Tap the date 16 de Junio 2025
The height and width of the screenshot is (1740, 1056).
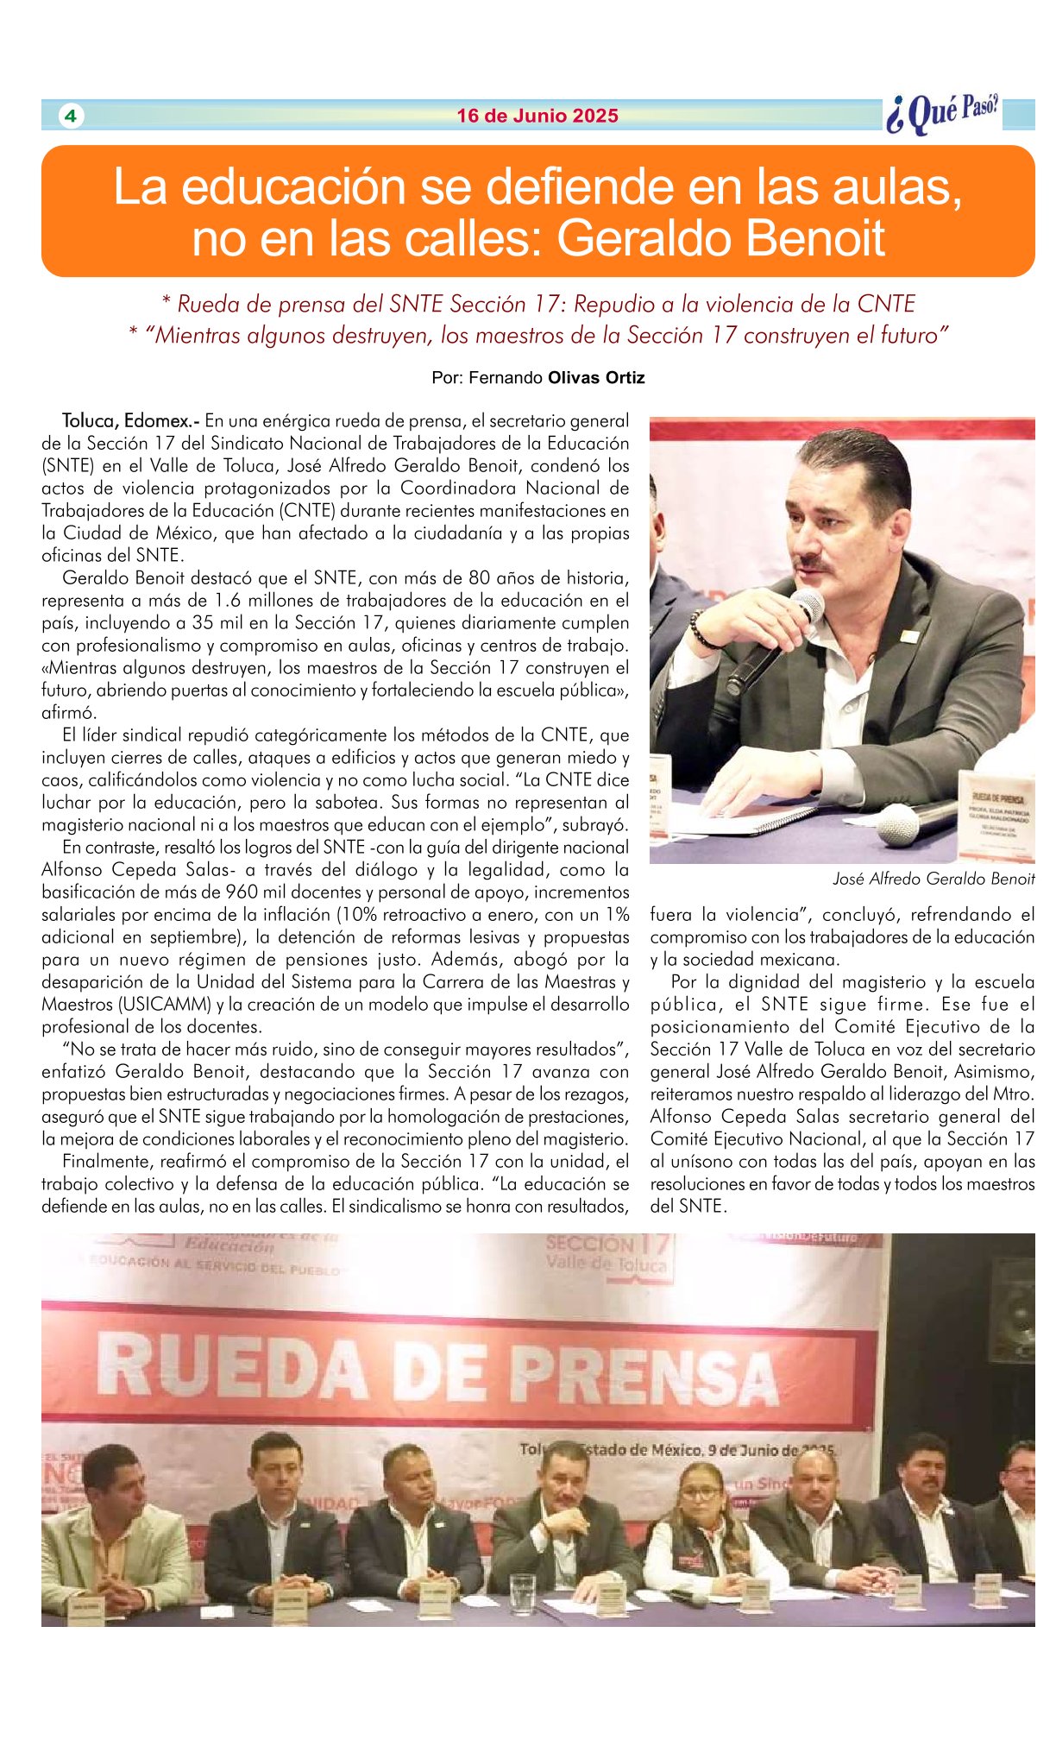coord(537,116)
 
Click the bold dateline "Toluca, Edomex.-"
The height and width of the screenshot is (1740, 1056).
coord(130,421)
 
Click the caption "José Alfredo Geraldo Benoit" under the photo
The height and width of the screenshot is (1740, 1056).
coord(933,879)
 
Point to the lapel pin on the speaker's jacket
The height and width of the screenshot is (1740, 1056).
coord(909,637)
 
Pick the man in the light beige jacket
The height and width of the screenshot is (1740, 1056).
coord(114,1536)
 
